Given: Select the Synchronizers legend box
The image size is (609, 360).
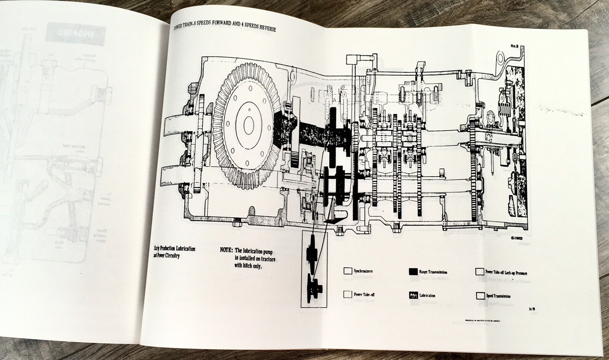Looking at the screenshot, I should pos(347,271).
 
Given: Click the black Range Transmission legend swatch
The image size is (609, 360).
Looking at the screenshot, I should pos(413,272).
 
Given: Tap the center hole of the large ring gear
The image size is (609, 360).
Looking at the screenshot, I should pos(250,123).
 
